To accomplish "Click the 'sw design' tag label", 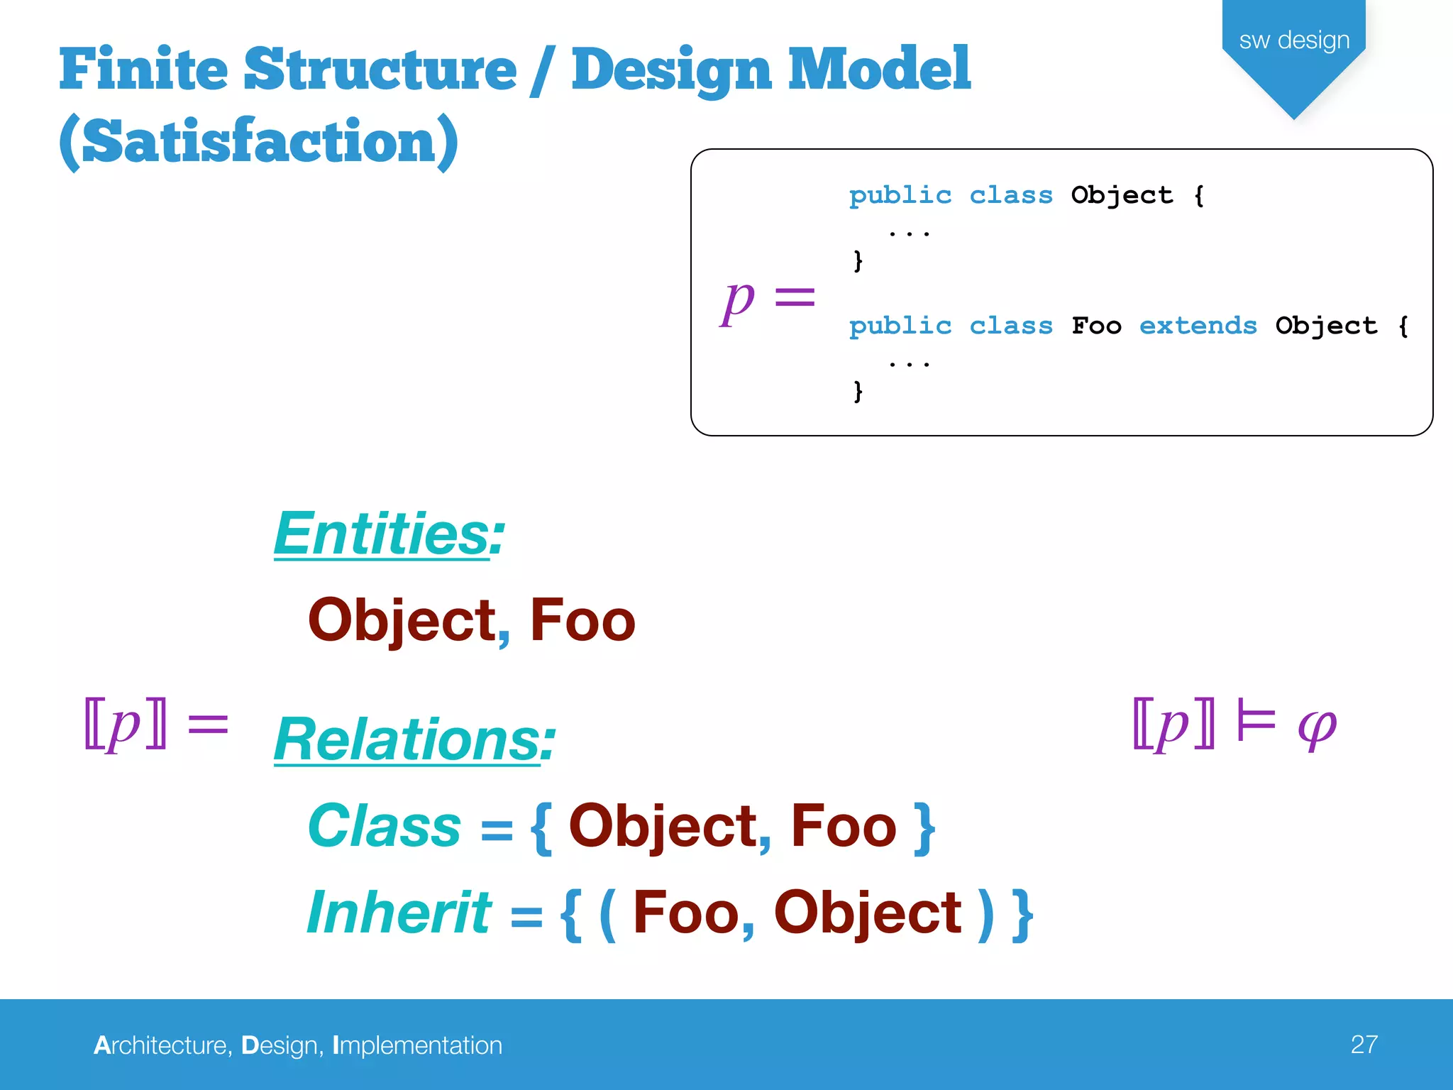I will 1294,40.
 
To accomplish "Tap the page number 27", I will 1364,1044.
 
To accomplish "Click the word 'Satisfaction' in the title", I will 258,141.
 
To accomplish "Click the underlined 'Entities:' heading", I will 389,534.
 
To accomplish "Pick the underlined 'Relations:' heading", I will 414,739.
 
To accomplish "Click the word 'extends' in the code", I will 1198,326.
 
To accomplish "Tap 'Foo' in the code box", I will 1096,326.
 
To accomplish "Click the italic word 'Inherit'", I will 399,913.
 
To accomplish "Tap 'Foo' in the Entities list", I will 582,620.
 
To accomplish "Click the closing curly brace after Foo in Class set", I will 924,827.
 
